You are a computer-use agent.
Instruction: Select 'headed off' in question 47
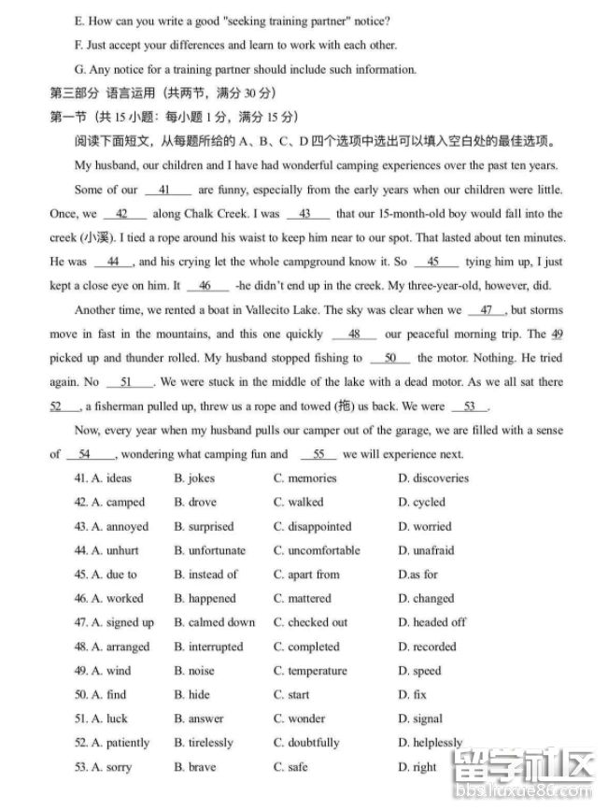tap(431, 623)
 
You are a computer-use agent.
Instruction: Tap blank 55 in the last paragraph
tap(318, 455)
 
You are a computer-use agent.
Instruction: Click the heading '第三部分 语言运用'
tap(102, 93)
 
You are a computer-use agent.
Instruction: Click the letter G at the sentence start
tap(78, 69)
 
